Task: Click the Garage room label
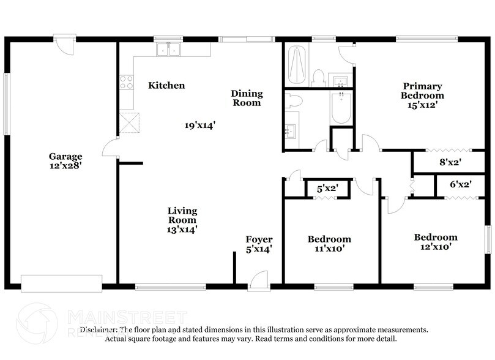coord(66,156)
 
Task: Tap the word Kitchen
coord(166,86)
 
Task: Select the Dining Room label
coord(247,98)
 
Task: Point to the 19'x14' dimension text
coord(199,126)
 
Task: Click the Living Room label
coord(182,215)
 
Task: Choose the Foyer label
coord(259,239)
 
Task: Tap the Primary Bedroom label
coord(422,91)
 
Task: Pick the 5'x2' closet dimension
coord(327,189)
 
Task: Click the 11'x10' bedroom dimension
coord(329,249)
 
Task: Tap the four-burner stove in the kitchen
coord(127,83)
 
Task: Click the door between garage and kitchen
coord(111,148)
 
